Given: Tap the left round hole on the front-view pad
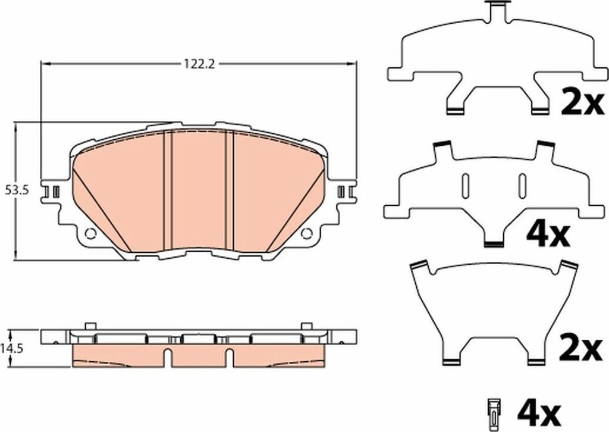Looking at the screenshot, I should pyautogui.click(x=90, y=233).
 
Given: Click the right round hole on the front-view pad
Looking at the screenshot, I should pyautogui.click(x=307, y=233).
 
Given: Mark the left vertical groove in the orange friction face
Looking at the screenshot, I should pyautogui.click(x=167, y=190).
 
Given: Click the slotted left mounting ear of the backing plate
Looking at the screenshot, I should pyautogui.click(x=52, y=192).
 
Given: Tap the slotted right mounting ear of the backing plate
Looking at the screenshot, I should pyautogui.click(x=344, y=192).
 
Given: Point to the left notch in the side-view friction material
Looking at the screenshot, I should pyautogui.click(x=168, y=358).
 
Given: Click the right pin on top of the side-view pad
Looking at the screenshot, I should pyautogui.click(x=306, y=326).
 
